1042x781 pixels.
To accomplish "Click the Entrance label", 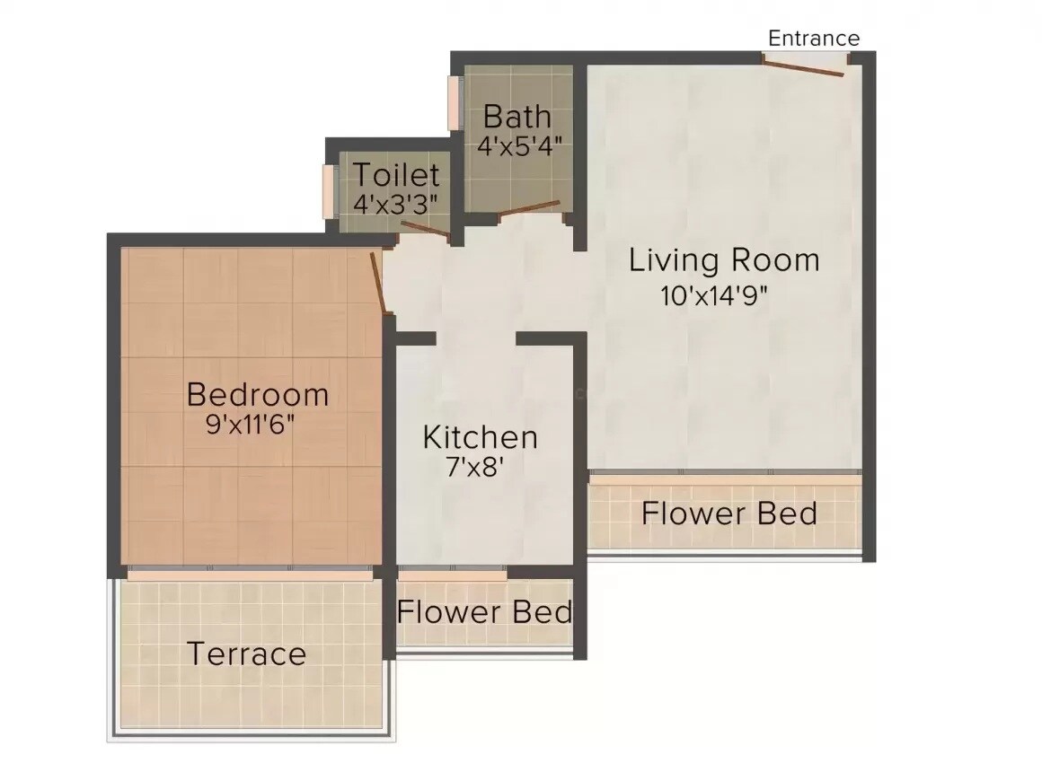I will [814, 38].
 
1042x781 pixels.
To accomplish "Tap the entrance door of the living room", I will [804, 65].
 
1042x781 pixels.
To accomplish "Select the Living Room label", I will [724, 260].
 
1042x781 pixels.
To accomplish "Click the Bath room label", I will [517, 117].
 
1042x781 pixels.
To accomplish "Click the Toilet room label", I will [395, 174].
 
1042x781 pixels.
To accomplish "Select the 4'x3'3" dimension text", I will [395, 203].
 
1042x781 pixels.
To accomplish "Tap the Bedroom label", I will [257, 394].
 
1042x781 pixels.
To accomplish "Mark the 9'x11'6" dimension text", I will [251, 425].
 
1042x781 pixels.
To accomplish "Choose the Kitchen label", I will [481, 438].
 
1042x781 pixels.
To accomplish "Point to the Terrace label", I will [246, 654].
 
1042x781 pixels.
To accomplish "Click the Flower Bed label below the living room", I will [729, 513].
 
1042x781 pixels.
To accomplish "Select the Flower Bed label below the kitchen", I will [485, 612].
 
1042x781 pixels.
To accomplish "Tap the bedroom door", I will [381, 283].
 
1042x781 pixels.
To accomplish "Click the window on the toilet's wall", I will [329, 190].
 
